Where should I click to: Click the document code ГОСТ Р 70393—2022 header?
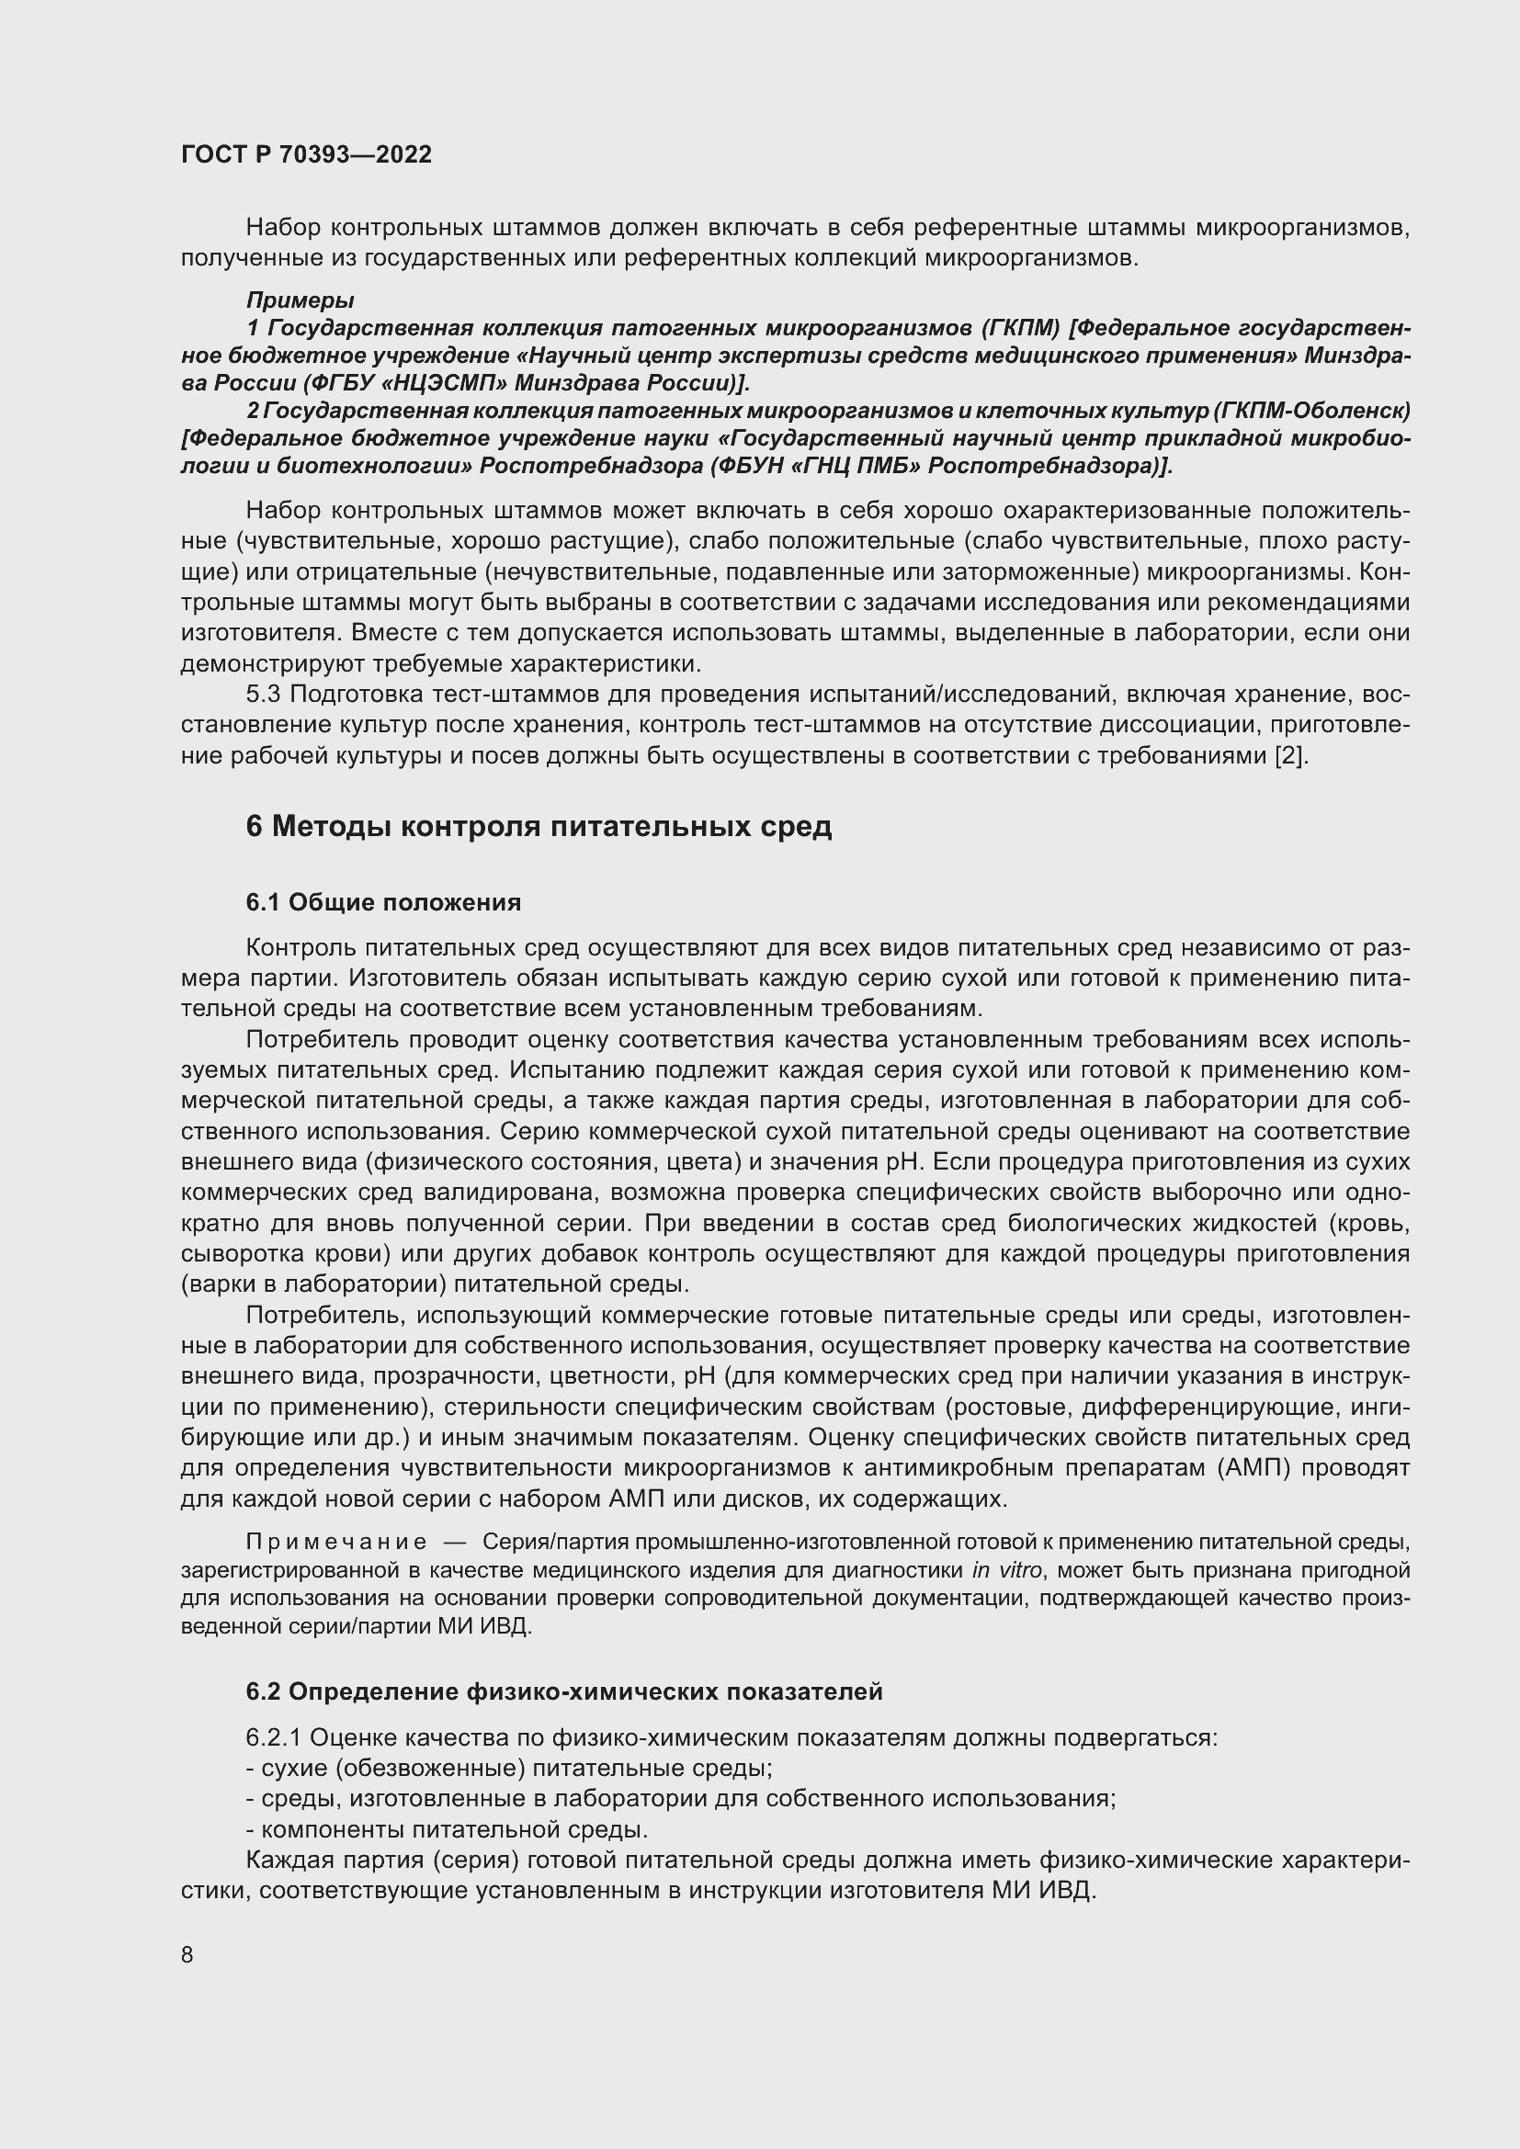click(x=306, y=154)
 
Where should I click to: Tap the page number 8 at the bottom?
click(x=187, y=1954)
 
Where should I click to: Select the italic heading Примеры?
click(x=300, y=300)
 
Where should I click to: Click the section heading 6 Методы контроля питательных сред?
click(x=539, y=827)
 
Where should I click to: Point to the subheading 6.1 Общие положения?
click(x=383, y=902)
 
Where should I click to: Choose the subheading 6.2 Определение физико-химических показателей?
click(x=564, y=1691)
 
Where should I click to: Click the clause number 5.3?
click(x=263, y=695)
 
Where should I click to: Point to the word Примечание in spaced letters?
click(x=336, y=1542)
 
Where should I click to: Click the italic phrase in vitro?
click(x=1006, y=1569)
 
